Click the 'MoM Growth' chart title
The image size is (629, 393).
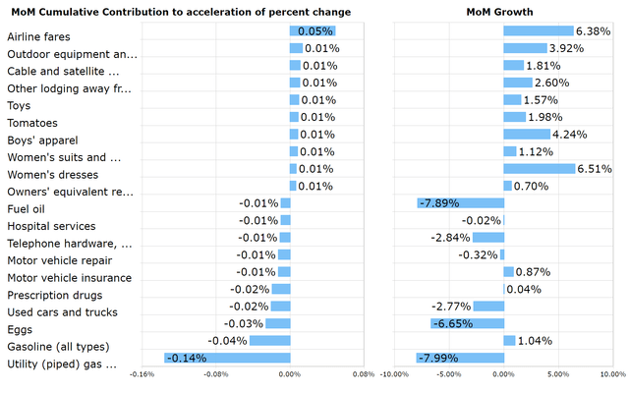[500, 11]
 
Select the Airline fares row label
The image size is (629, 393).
[38, 36]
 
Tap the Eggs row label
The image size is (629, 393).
[20, 329]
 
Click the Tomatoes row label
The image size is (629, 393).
[33, 123]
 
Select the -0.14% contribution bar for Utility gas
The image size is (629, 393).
[227, 358]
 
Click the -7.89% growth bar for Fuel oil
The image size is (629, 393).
[460, 203]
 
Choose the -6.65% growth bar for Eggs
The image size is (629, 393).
[467, 323]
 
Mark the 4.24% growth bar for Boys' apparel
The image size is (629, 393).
[527, 135]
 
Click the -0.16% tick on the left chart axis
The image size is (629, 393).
[142, 374]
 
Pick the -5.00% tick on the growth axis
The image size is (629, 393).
[448, 374]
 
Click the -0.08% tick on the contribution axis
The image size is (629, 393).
[215, 374]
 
